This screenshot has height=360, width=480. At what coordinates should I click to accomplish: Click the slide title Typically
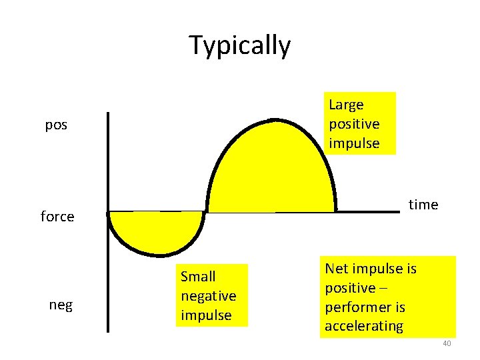click(x=240, y=45)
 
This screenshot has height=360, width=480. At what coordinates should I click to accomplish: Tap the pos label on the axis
click(x=56, y=125)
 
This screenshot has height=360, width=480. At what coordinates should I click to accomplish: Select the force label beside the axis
click(x=57, y=217)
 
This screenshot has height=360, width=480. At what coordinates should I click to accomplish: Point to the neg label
click(x=61, y=305)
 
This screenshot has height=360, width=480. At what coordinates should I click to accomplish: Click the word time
click(x=423, y=205)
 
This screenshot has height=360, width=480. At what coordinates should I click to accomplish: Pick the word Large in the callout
click(x=346, y=105)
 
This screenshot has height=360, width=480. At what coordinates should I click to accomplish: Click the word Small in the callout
click(x=198, y=276)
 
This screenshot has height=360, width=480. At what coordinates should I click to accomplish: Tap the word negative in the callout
click(x=208, y=295)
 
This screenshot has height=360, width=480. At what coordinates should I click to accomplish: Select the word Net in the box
click(x=337, y=269)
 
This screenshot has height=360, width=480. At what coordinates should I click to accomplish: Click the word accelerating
click(x=364, y=326)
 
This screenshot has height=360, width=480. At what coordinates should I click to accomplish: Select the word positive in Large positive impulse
click(x=354, y=124)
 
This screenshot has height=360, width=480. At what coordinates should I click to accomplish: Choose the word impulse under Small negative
click(x=205, y=315)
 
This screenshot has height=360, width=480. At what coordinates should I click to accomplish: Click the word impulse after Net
click(x=381, y=269)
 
